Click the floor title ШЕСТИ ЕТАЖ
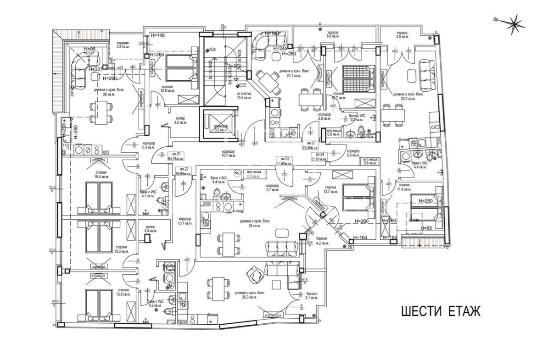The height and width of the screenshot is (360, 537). pyautogui.click(x=441, y=312)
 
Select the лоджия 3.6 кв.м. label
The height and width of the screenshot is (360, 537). pyautogui.click(x=123, y=44)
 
